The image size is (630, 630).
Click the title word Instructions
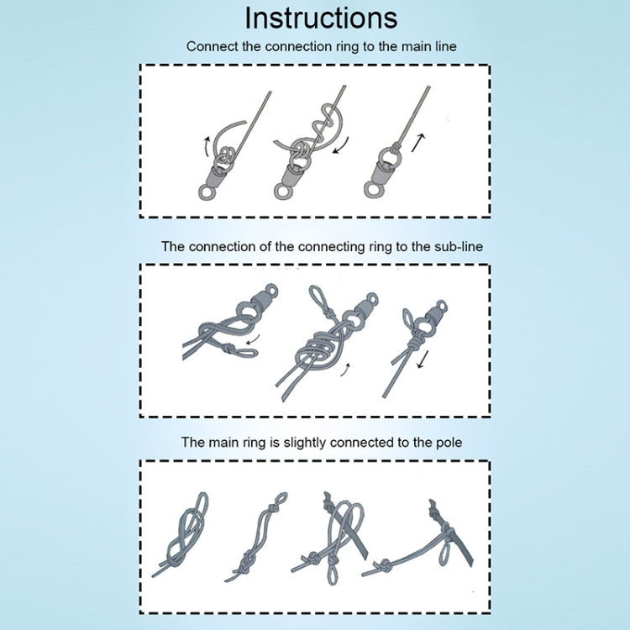[x=321, y=18]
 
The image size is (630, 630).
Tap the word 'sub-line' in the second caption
[x=459, y=246]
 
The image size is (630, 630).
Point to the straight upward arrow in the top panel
[x=417, y=143]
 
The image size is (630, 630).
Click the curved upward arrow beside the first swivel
[x=206, y=147]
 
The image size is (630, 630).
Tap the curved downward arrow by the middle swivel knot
[x=341, y=145]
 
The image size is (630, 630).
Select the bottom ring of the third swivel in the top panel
[x=372, y=191]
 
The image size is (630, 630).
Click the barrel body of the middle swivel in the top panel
[x=291, y=174]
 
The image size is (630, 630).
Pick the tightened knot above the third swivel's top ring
[x=397, y=144]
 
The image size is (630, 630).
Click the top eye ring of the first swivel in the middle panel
[x=271, y=290]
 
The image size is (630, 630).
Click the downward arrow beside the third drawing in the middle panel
[x=423, y=360]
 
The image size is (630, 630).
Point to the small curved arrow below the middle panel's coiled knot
[x=345, y=370]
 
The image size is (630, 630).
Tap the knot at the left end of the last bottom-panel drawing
[x=385, y=566]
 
